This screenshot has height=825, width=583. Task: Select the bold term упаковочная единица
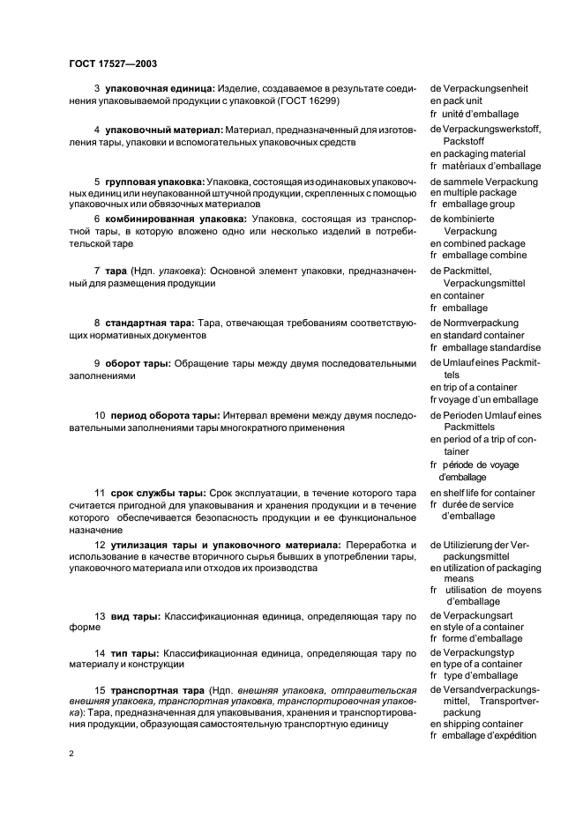tap(155, 89)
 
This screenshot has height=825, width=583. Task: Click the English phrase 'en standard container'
tap(477, 336)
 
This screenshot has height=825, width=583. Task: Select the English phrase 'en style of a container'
tap(479, 627)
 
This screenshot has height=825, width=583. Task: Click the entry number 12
tap(100, 545)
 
